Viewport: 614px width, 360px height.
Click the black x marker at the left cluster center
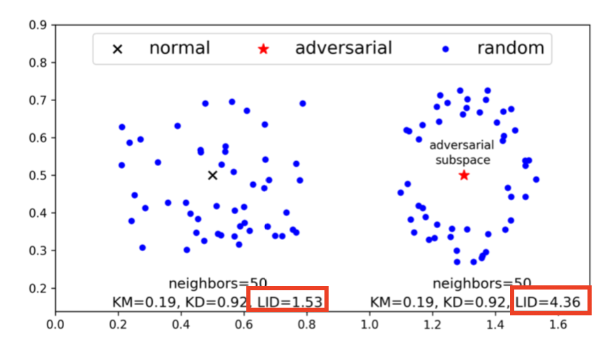(213, 175)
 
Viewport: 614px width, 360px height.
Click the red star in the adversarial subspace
(464, 175)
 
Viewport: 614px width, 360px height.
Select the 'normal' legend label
(179, 48)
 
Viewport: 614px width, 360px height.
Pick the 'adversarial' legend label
(343, 48)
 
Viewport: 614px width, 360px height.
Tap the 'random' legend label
(510, 48)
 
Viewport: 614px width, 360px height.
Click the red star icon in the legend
(263, 49)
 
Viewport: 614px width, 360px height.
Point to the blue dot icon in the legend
(445, 49)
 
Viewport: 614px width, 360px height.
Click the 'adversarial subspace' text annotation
(461, 153)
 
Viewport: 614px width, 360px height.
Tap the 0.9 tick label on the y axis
(38, 25)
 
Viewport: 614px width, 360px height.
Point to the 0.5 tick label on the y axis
(38, 175)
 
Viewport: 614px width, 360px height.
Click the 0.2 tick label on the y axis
(38, 288)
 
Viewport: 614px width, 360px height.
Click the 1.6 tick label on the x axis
(557, 324)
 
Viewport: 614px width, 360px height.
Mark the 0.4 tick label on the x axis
(181, 324)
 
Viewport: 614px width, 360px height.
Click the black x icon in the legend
(118, 49)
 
